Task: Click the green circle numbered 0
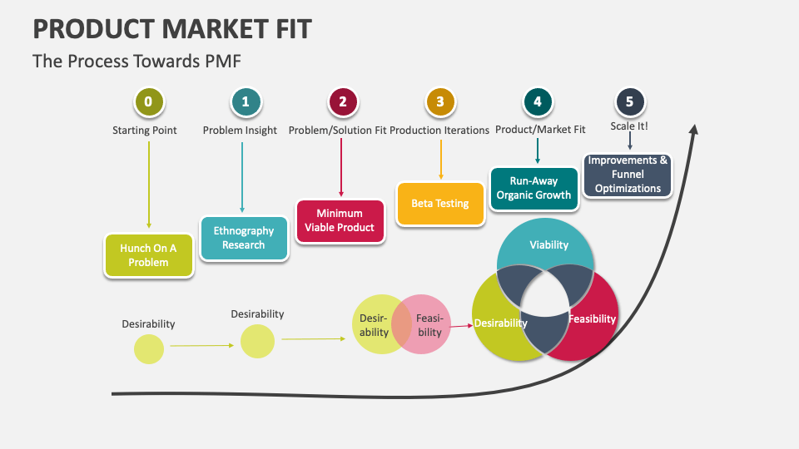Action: (x=148, y=102)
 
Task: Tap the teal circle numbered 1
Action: (x=245, y=102)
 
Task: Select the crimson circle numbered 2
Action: (x=342, y=102)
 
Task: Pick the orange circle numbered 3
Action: (x=440, y=102)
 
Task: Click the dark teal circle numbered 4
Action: (x=538, y=102)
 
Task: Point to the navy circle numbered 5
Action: (x=629, y=102)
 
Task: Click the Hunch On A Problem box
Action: (x=149, y=255)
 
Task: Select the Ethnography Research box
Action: (x=244, y=238)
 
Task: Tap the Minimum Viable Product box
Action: (x=340, y=220)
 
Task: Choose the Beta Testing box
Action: (x=439, y=204)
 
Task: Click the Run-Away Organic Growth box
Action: (x=533, y=188)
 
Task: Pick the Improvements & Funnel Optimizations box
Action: (x=628, y=175)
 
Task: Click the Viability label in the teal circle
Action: (x=548, y=244)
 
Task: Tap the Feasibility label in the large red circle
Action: (x=592, y=318)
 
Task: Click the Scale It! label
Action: (x=629, y=126)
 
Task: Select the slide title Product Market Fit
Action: (x=172, y=29)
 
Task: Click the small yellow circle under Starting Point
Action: (x=149, y=349)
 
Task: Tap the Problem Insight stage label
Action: (x=240, y=131)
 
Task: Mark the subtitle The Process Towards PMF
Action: (x=137, y=61)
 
